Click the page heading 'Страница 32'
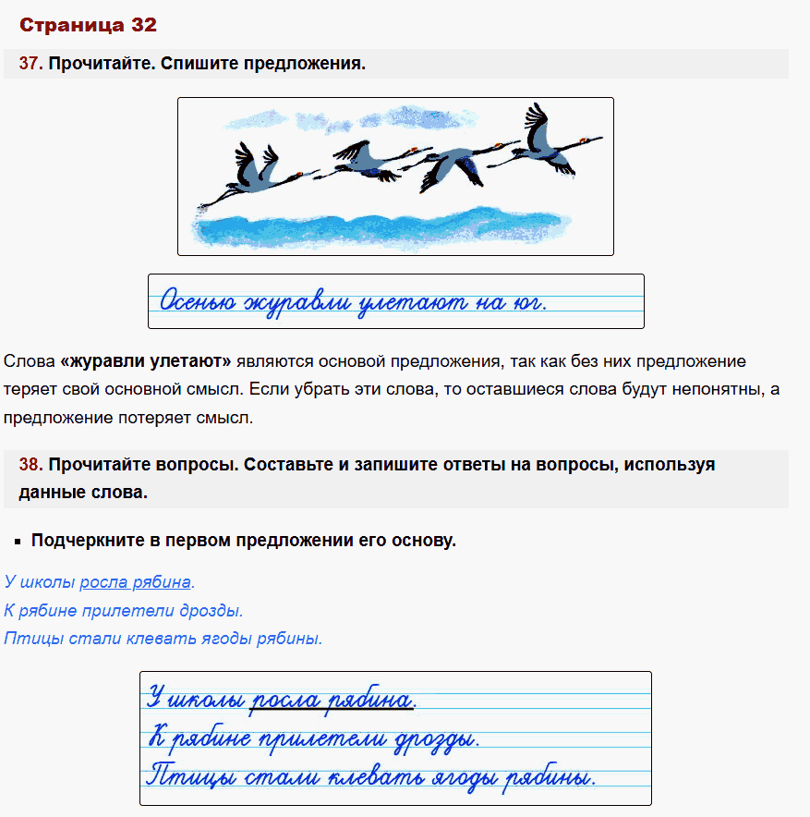[88, 25]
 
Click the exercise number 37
[30, 64]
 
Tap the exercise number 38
[30, 465]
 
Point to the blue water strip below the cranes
[388, 227]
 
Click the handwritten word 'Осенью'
[198, 301]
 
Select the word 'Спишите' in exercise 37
[191, 64]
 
